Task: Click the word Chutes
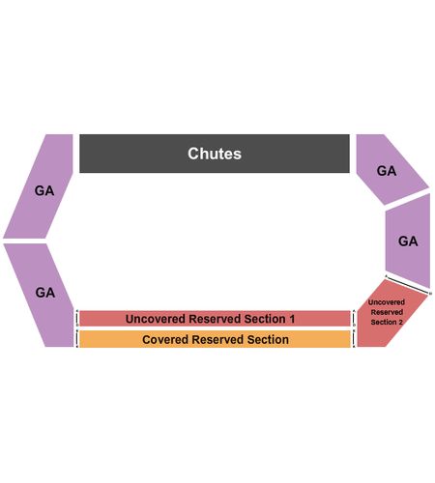(x=215, y=154)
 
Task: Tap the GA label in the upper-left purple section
(x=44, y=190)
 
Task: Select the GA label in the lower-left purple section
(x=45, y=293)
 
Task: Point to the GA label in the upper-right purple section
(x=387, y=171)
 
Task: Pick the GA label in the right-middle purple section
(x=408, y=241)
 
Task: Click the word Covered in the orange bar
(x=165, y=339)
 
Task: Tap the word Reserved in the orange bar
(x=217, y=339)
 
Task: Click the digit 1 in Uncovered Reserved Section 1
(x=292, y=319)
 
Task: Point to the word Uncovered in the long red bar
(x=156, y=319)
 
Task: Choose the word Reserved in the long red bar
(x=215, y=319)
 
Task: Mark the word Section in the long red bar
(x=265, y=319)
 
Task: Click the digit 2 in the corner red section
(x=400, y=322)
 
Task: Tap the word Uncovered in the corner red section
(x=387, y=302)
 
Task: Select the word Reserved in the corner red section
(x=387, y=312)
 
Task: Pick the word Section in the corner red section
(x=384, y=322)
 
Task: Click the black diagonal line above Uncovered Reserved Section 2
(x=408, y=285)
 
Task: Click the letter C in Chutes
(x=192, y=154)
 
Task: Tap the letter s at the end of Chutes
(x=238, y=156)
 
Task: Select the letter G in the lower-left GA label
(x=41, y=293)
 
